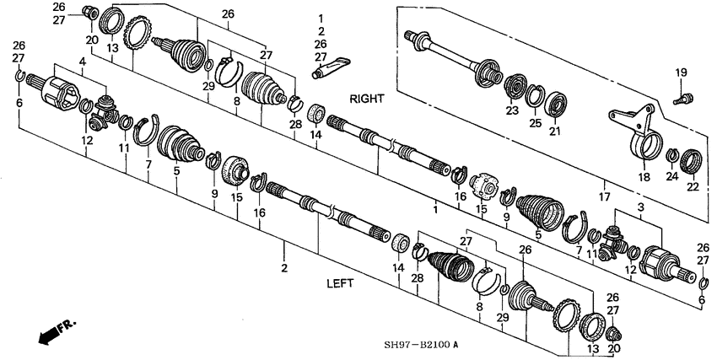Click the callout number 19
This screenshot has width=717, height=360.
pyautogui.click(x=681, y=74)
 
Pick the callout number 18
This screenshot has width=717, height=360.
pyautogui.click(x=644, y=179)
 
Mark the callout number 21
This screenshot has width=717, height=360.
pyautogui.click(x=554, y=132)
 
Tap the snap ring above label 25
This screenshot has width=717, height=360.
pyautogui.click(x=534, y=96)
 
